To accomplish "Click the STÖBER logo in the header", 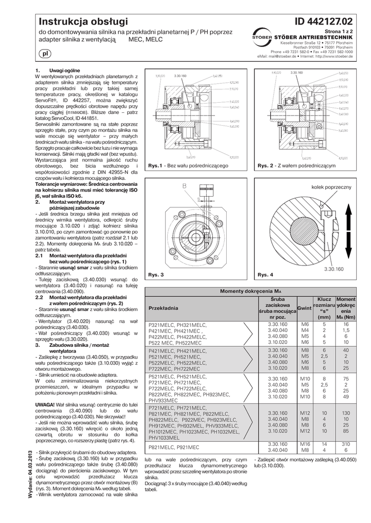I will click(261, 36).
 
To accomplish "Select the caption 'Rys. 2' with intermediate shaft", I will click(266, 166).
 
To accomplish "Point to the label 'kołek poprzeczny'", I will click(331, 188).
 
